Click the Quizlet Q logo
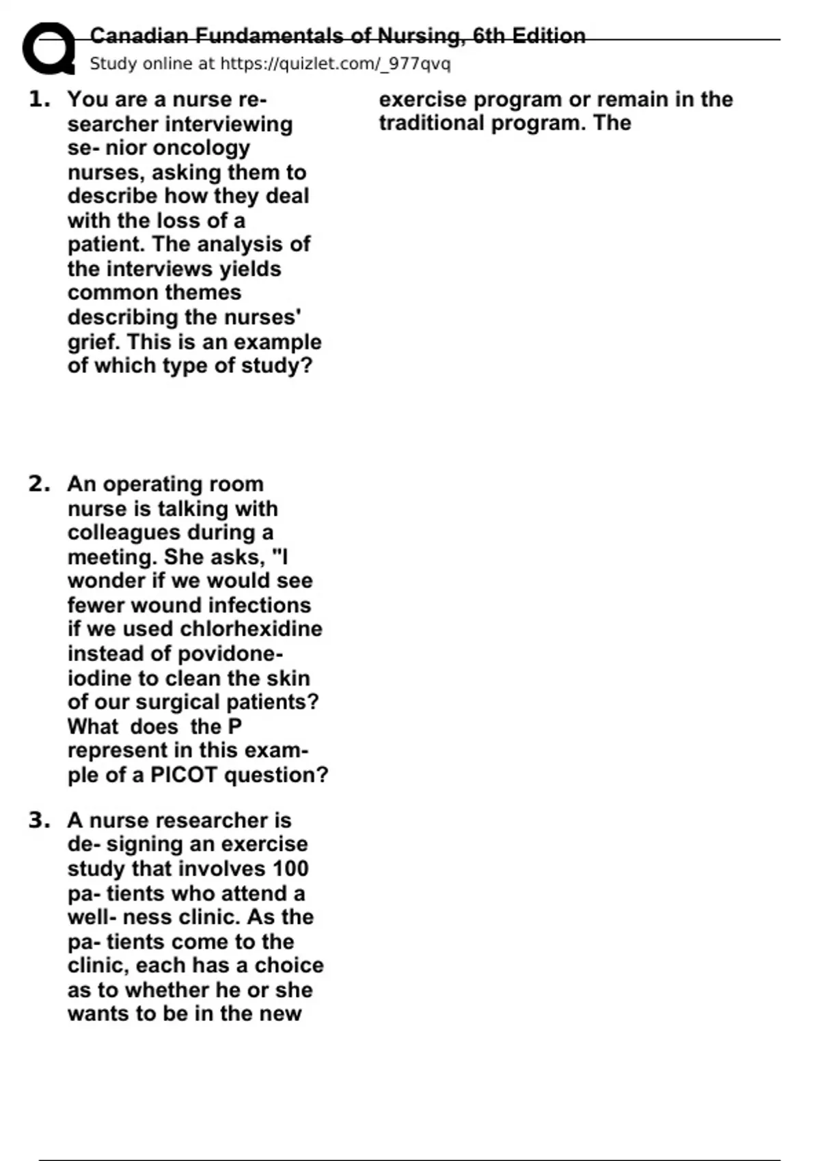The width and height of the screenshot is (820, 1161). click(49, 48)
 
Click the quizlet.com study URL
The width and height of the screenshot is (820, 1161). click(335, 64)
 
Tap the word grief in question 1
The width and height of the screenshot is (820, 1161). click(94, 341)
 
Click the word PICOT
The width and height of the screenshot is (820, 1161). click(183, 775)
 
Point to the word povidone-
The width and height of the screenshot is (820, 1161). click(230, 654)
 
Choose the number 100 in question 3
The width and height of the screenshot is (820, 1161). click(290, 869)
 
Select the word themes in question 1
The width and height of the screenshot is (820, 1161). click(208, 293)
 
